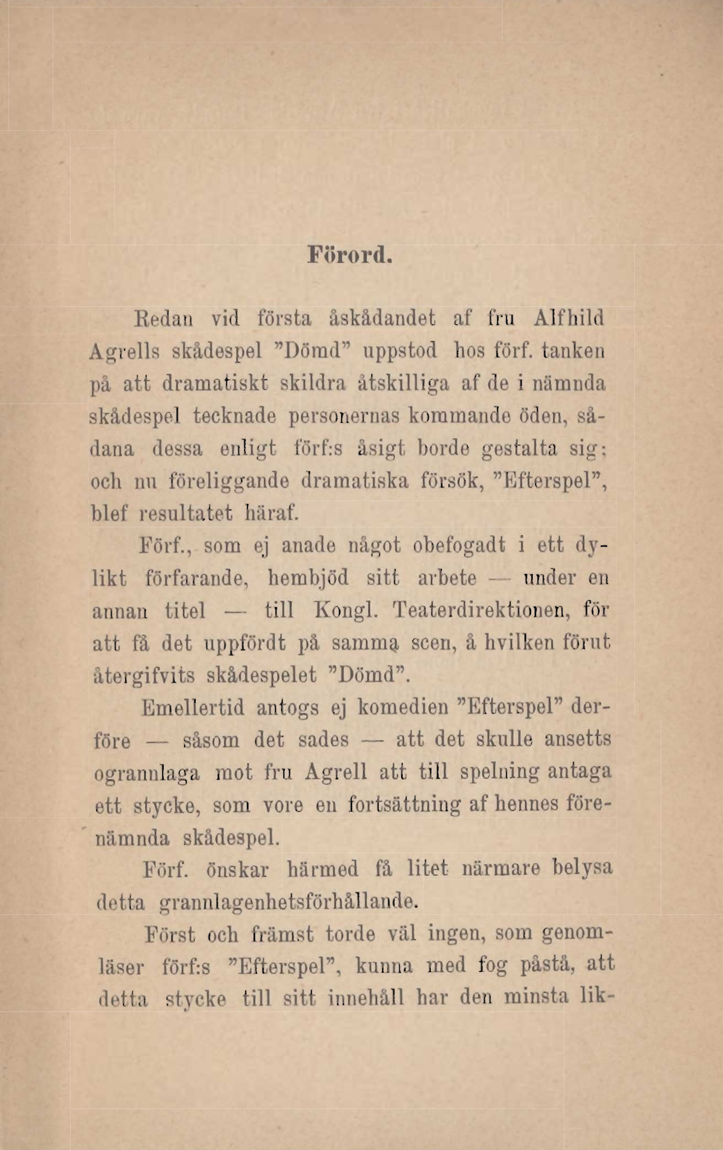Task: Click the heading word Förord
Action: (x=349, y=255)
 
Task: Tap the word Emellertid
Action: (x=193, y=707)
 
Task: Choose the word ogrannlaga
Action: (x=147, y=774)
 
